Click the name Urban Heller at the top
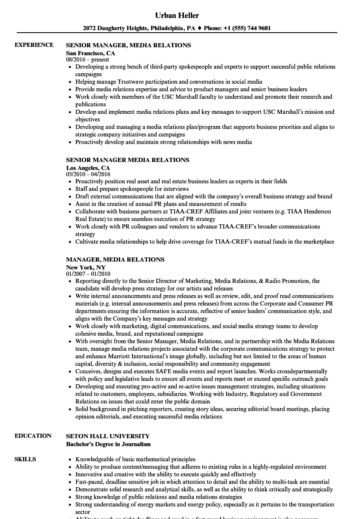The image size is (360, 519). (x=177, y=15)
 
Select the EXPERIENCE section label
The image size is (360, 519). (x=34, y=45)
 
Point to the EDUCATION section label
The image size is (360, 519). (x=33, y=436)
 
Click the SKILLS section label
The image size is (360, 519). (x=25, y=459)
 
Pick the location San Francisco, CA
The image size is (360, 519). (x=90, y=53)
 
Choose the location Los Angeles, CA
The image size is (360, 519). (x=88, y=168)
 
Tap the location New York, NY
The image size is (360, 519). (x=86, y=267)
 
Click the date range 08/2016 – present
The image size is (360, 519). (x=87, y=59)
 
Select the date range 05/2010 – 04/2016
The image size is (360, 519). (x=88, y=174)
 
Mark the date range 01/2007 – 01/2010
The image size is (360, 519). (x=88, y=274)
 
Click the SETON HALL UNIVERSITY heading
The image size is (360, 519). (x=108, y=436)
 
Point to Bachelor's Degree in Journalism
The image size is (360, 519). (x=108, y=444)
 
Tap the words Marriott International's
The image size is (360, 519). (x=111, y=356)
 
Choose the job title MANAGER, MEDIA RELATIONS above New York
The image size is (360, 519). (x=115, y=259)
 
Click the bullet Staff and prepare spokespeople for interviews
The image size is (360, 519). (x=132, y=189)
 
